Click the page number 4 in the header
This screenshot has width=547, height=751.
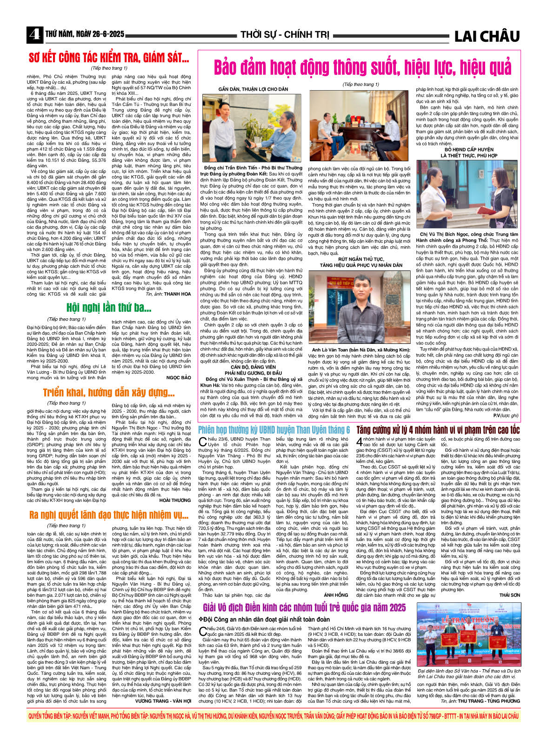click(x=34, y=35)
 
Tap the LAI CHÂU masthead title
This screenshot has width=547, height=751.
click(x=486, y=36)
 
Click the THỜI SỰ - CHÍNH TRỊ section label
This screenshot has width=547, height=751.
click(x=285, y=35)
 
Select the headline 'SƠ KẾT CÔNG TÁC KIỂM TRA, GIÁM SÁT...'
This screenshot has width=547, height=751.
click(x=109, y=58)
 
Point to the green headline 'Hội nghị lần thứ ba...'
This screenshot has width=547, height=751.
click(x=106, y=307)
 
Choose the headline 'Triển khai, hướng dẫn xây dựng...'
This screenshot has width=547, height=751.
click(x=109, y=393)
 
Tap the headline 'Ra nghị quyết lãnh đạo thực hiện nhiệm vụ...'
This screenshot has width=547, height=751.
click(x=108, y=515)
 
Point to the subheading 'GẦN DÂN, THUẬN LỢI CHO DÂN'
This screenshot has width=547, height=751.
click(x=253, y=89)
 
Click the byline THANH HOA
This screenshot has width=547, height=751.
click(x=177, y=294)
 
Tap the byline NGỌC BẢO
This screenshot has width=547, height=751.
click(x=179, y=378)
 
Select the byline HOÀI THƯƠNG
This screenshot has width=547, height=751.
click(x=175, y=501)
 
